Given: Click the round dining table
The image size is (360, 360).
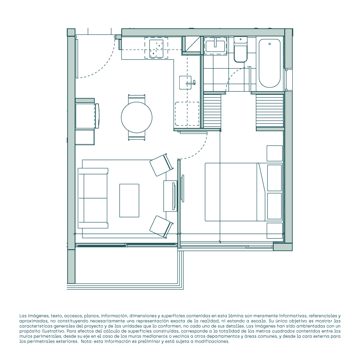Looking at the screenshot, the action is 137,117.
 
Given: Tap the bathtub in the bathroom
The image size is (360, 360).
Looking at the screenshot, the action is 269,63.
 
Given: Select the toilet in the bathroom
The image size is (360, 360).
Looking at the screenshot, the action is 240,50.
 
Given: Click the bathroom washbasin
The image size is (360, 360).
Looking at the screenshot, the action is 216,45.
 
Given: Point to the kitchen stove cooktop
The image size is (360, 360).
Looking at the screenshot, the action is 156,48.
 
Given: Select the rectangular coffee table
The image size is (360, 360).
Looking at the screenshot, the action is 129,201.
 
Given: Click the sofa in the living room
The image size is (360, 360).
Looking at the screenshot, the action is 93,198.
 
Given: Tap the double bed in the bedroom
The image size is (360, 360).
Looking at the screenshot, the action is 243,192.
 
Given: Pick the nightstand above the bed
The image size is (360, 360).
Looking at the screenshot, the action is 274,153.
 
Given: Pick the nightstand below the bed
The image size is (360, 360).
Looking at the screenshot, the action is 274,230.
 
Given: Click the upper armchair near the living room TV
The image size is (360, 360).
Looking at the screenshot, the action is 161,165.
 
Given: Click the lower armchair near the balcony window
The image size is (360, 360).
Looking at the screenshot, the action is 161,226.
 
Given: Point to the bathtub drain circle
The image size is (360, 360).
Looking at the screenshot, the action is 269,44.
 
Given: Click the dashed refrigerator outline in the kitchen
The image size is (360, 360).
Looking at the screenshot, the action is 187,114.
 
